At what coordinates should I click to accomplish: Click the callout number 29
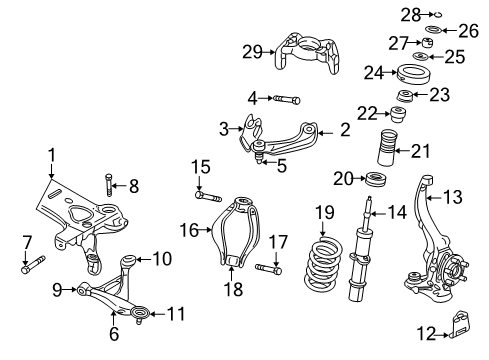pyautogui.click(x=252, y=52)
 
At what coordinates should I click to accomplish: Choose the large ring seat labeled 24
pyautogui.click(x=409, y=75)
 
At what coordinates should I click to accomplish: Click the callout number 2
pyautogui.click(x=345, y=129)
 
